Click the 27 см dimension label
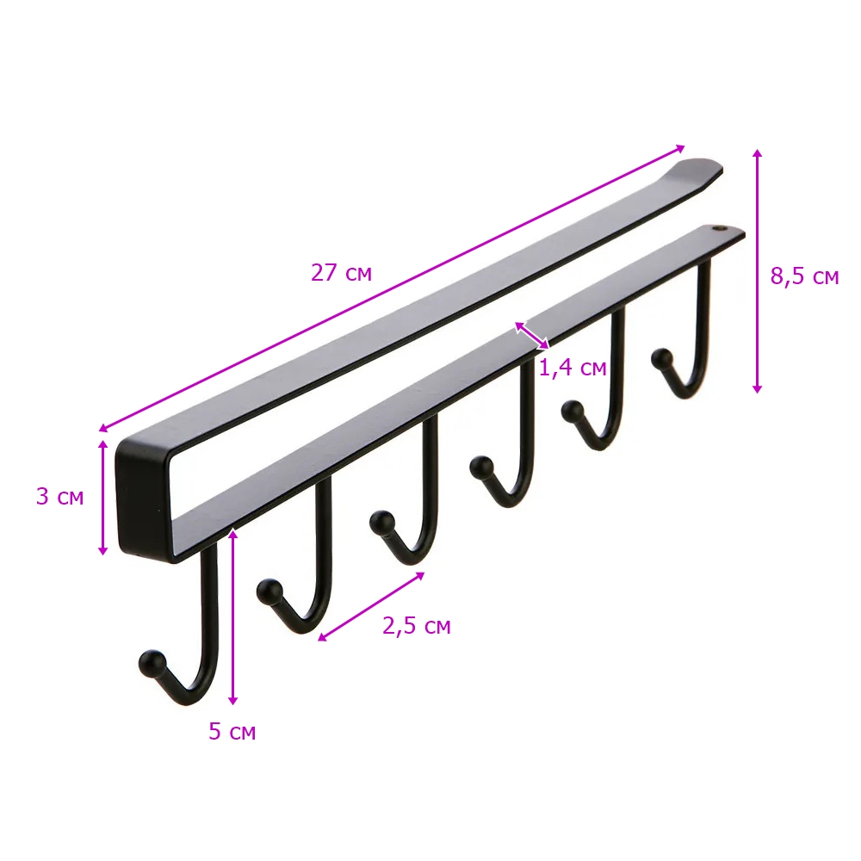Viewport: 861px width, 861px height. pos(342,273)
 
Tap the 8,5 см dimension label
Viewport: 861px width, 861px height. pos(804,276)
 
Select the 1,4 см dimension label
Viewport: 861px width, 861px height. pos(573,368)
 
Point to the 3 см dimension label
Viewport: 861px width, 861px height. pos(60,497)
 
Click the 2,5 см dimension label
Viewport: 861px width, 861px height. pos(417,626)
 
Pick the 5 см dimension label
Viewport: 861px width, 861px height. pos(232,731)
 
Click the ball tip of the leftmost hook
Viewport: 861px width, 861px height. pos(152,663)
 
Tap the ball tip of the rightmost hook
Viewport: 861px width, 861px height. pos(661,360)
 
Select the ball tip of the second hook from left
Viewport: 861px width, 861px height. pos(269,592)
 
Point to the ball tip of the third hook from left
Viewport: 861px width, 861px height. pos(382,523)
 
